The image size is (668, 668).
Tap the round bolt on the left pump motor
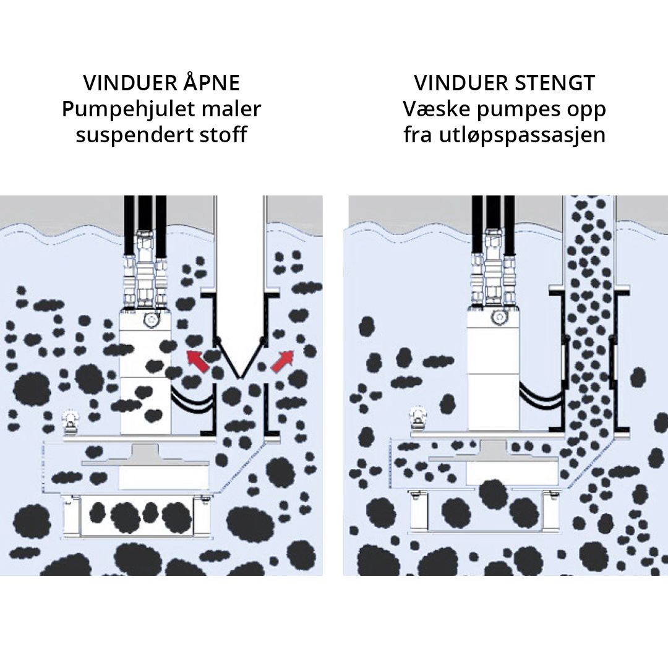[x=150, y=319]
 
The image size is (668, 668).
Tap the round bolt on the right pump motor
[x=497, y=318]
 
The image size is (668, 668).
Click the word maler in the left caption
[x=237, y=109]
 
